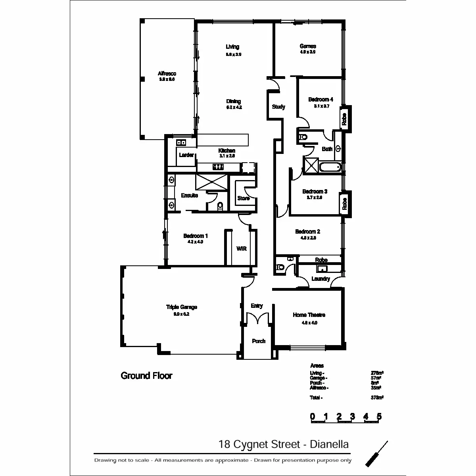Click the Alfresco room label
(x=167, y=74)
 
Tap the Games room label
(x=308, y=46)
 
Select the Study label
(x=278, y=107)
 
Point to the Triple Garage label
(x=181, y=307)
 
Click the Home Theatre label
(x=309, y=315)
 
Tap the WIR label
(x=242, y=249)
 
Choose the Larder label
(x=186, y=155)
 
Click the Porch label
(x=259, y=341)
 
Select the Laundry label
(x=321, y=279)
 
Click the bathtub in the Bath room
(x=330, y=167)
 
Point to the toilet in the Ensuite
(x=221, y=206)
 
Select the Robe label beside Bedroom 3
(x=344, y=204)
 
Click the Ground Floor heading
(x=146, y=376)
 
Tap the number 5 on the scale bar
(x=379, y=416)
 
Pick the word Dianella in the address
(x=330, y=444)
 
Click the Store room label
(x=243, y=198)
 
